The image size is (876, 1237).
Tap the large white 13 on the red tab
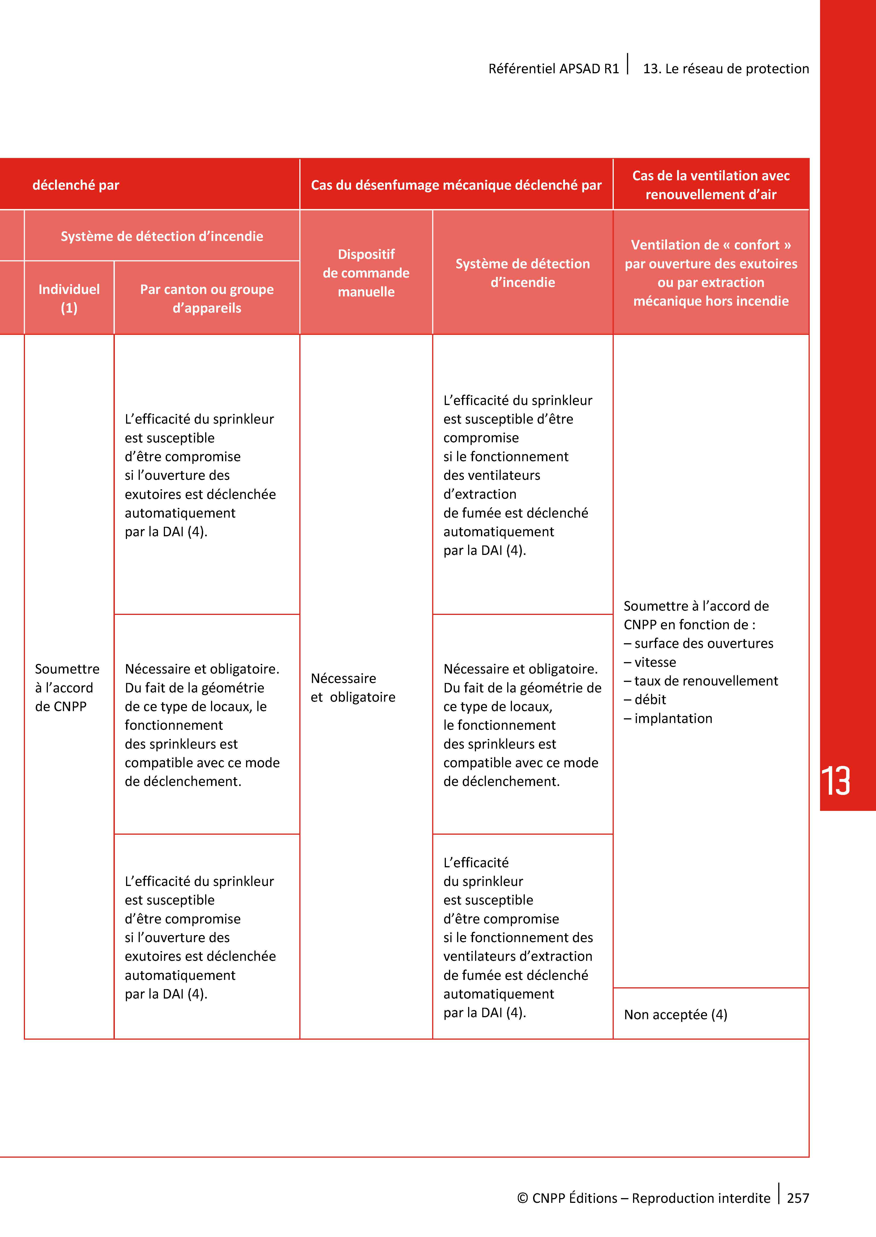pyautogui.click(x=836, y=781)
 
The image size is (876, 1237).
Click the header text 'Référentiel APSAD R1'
pyautogui.click(x=554, y=69)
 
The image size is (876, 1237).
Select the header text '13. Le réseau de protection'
pyautogui.click(x=725, y=69)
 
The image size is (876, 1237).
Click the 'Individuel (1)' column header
pyautogui.click(x=69, y=298)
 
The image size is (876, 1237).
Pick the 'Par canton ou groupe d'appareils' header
pyautogui.click(x=207, y=298)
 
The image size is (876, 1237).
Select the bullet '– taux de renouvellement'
pyautogui.click(x=701, y=681)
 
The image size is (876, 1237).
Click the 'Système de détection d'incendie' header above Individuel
pyautogui.click(x=162, y=236)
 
